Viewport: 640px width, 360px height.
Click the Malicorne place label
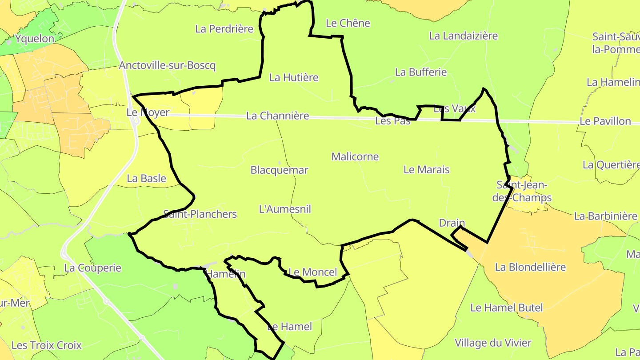355,156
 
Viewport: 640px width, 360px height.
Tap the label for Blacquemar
279,170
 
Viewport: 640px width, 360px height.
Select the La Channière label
277,116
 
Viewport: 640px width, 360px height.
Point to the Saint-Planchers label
200,214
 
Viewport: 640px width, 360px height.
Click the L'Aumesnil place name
285,209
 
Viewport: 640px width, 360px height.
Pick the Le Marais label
426,169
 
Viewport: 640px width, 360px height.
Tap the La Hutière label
294,77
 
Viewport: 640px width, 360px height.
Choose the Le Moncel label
313,272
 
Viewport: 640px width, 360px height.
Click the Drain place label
452,223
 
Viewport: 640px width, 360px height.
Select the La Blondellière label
530,267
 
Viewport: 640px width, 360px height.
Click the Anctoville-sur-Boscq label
167,66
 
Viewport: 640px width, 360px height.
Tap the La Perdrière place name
224,29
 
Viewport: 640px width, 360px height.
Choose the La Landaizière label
463,36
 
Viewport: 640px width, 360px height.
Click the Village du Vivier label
493,343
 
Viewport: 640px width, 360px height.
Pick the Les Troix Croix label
47,345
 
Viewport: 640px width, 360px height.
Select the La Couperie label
92,268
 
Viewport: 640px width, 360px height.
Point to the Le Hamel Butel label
506,308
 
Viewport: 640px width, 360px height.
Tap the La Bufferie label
420,72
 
